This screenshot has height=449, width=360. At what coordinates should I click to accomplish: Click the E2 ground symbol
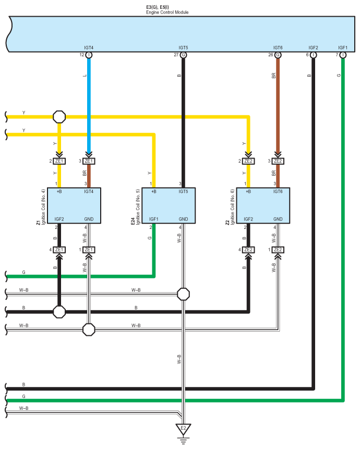coord(183,433)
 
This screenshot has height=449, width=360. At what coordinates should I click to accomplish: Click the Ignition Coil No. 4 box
coord(74,205)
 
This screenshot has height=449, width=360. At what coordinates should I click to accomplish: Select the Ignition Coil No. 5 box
coord(169,205)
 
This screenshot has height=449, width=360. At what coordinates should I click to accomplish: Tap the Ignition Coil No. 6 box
coord(263,205)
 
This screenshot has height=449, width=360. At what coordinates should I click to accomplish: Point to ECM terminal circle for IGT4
coord(89,55)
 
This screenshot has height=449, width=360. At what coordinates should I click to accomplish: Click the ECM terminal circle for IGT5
coord(183,55)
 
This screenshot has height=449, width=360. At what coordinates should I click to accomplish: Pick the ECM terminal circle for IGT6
coord(278,55)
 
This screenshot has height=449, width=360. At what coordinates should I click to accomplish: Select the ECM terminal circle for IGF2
coord(314,55)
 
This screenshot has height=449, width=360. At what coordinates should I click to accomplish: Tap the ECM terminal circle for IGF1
coord(343,55)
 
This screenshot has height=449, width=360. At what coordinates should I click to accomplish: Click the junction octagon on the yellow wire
coord(59,117)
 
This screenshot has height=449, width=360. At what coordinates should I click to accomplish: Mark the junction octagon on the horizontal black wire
coord(59,312)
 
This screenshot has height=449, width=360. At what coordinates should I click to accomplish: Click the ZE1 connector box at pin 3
coord(89,161)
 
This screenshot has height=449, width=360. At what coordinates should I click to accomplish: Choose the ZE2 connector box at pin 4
coord(248,250)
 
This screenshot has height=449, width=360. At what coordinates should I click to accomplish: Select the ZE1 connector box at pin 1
coord(89,250)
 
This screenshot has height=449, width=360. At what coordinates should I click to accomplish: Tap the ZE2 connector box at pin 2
coord(248,161)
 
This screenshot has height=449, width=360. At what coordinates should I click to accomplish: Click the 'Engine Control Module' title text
coord(167,13)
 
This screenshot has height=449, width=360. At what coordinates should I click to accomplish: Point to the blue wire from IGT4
coord(89,105)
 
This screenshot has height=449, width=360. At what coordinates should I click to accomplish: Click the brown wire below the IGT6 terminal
coord(278,105)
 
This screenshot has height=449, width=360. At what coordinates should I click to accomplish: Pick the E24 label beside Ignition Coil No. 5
coord(133,221)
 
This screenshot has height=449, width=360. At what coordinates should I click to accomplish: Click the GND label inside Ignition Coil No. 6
coord(278,219)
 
